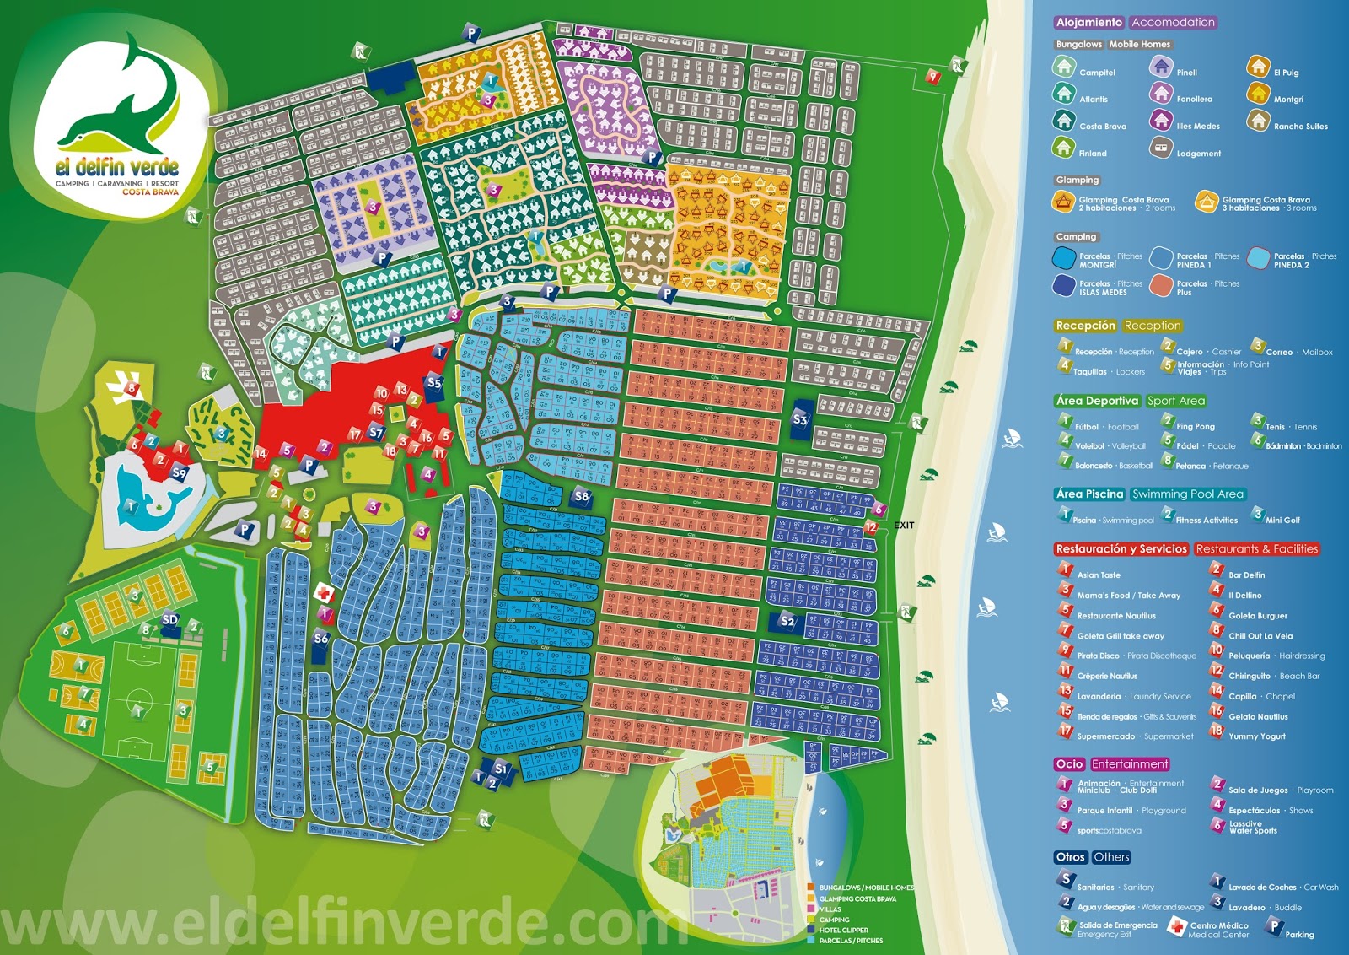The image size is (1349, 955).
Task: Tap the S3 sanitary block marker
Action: (x=800, y=419)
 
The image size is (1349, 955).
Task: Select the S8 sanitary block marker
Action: (x=581, y=496)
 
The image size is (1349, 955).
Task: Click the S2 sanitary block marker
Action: (x=787, y=621)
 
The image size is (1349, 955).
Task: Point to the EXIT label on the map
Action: (x=904, y=525)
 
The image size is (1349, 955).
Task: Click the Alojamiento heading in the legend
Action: (x=1088, y=23)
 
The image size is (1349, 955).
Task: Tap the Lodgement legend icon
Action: (x=1161, y=148)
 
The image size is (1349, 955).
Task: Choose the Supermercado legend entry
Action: (x=1105, y=736)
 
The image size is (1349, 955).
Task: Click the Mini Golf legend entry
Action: (x=1282, y=520)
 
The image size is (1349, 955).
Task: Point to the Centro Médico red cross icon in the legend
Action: (x=1176, y=928)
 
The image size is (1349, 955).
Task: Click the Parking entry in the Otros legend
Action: (x=1298, y=934)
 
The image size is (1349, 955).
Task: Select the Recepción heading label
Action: (x=1085, y=326)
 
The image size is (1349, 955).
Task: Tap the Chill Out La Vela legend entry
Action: (x=1260, y=636)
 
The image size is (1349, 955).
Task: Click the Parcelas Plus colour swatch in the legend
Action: (x=1161, y=285)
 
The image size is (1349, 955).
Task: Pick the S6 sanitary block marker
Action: (x=320, y=639)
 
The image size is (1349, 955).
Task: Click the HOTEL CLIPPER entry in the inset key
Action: (x=843, y=930)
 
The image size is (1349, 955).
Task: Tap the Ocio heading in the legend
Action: (x=1069, y=764)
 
